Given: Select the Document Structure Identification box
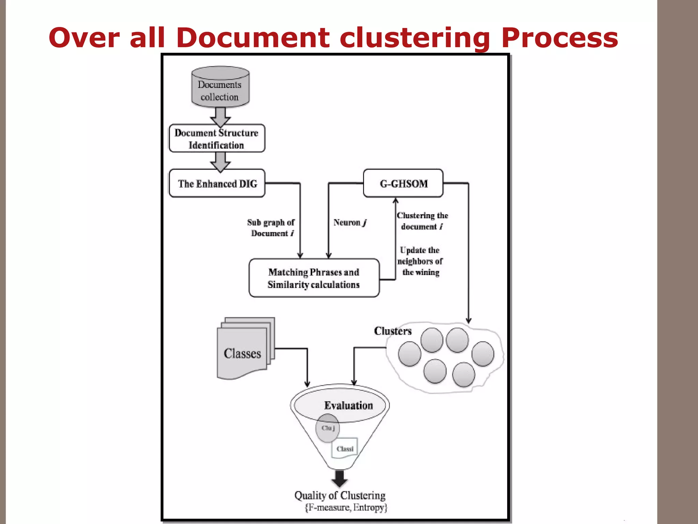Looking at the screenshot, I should pyautogui.click(x=217, y=139).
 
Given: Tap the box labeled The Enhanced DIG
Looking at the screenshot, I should pyautogui.click(x=217, y=184).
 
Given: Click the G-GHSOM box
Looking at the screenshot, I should pyautogui.click(x=403, y=184).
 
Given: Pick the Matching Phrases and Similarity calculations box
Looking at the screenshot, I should pyautogui.click(x=314, y=278).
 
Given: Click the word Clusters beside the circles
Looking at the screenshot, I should pyautogui.click(x=393, y=331).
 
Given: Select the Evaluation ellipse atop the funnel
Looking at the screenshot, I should pyautogui.click(x=341, y=405).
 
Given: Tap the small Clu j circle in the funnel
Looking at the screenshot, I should pyautogui.click(x=328, y=428).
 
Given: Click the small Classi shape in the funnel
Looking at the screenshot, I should pyautogui.click(x=345, y=448).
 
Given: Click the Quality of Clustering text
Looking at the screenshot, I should pyautogui.click(x=340, y=495).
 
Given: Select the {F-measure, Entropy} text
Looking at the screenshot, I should pyautogui.click(x=346, y=508).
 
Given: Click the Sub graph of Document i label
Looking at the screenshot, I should pyautogui.click(x=271, y=228).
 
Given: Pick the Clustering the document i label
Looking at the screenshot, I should pyautogui.click(x=422, y=221).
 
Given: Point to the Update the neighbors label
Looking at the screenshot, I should pyautogui.click(x=420, y=261).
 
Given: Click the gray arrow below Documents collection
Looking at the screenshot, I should pyautogui.click(x=220, y=117).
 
